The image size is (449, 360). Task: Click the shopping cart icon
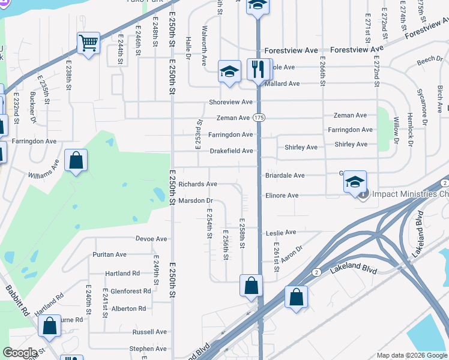coord(88,43)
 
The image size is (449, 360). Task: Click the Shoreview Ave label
coord(231,103)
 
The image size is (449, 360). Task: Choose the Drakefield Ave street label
coord(231,151)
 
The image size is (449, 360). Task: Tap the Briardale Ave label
coord(285,176)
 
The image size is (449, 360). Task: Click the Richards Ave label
coord(197,184)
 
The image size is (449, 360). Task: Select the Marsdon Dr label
coord(196,201)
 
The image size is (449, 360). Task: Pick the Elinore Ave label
coord(282,196)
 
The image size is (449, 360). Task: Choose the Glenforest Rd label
coord(130,292)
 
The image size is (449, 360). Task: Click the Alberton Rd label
coord(128,309)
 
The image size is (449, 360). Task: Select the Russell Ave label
coord(149,332)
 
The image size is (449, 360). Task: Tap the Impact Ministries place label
coord(410,194)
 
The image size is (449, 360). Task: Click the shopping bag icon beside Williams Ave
coord(76,161)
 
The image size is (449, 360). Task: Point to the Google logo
coord(20,353)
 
